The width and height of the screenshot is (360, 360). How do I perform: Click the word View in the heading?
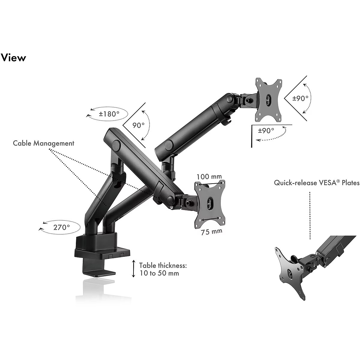point(13,57)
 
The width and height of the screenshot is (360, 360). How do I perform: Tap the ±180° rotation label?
point(109,114)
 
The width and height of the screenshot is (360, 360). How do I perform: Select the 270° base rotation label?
point(61,227)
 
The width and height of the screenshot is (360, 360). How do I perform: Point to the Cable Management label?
point(43,143)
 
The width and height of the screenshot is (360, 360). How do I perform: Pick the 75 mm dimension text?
point(212,232)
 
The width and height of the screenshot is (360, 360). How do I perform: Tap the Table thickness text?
point(163,265)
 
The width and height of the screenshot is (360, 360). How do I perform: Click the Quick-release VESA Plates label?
point(316,183)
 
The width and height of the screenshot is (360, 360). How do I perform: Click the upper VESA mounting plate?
point(268,100)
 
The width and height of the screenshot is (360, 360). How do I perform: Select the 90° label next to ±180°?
point(139,125)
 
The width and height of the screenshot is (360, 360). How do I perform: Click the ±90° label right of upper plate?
point(300,98)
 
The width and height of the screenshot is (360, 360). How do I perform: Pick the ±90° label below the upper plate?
point(266,130)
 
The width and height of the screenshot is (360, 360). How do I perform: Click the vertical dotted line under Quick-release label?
point(310,216)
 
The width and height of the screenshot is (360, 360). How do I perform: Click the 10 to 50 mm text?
point(159,273)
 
